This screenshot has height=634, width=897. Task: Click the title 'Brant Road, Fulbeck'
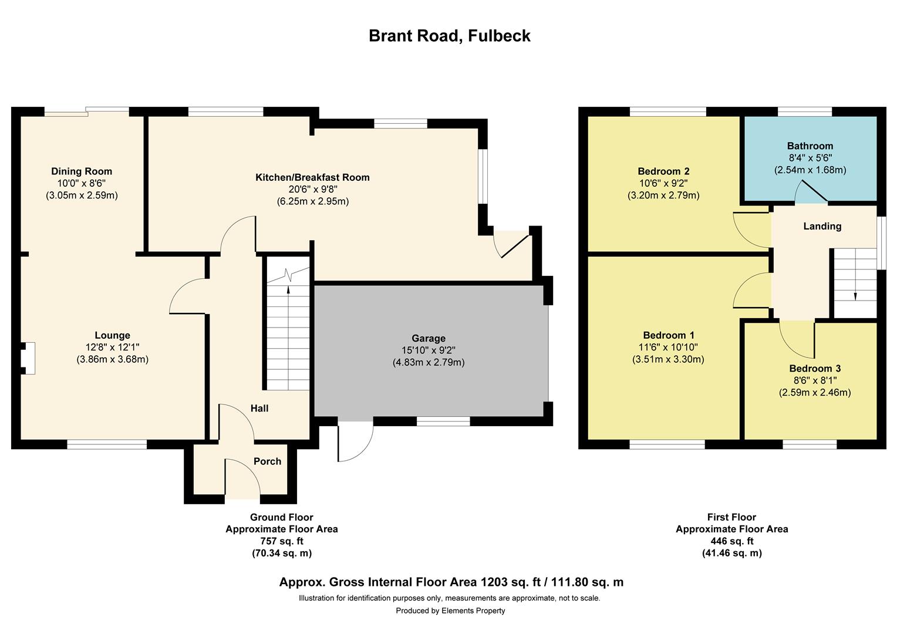click(449, 36)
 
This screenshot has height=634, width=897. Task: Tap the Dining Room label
click(82, 171)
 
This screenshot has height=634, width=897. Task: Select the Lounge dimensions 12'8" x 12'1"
click(112, 348)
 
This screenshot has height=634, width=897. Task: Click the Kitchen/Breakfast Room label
click(312, 177)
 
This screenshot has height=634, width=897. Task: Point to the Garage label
click(428, 338)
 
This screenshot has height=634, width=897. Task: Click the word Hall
click(259, 408)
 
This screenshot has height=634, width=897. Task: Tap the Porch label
click(267, 461)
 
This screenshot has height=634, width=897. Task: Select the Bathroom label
click(810, 146)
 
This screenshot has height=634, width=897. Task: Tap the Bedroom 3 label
click(814, 369)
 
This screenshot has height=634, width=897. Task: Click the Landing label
click(822, 226)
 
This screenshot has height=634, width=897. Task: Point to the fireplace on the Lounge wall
click(28, 358)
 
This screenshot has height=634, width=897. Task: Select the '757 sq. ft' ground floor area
click(282, 541)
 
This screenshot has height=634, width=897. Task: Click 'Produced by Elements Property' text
click(450, 611)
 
